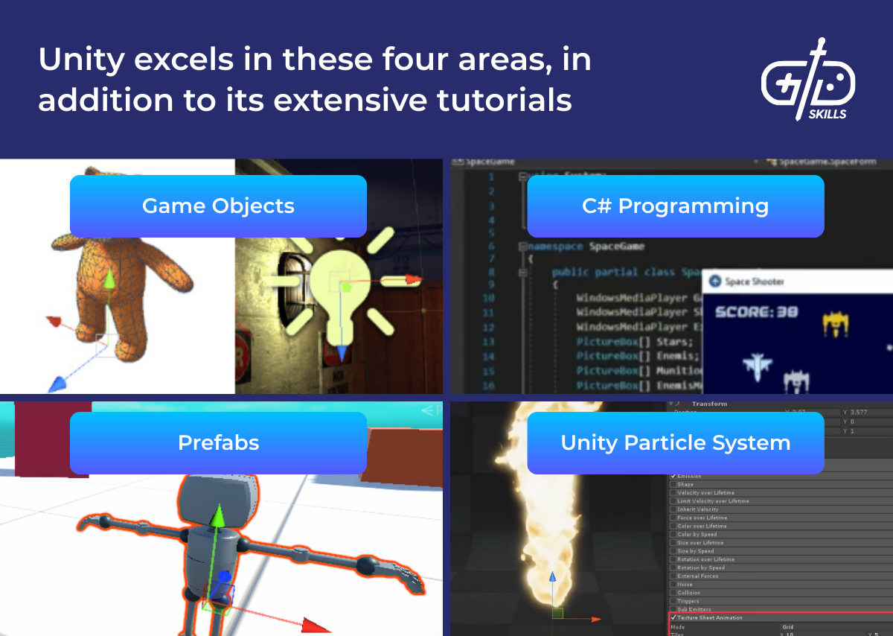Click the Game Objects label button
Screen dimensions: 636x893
[x=218, y=206]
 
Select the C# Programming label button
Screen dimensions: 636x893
[x=675, y=206]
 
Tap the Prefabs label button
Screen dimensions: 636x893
[x=218, y=443]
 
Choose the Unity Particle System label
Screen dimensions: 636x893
[x=675, y=443]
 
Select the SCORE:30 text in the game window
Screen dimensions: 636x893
[x=755, y=312]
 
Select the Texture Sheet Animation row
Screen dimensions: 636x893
[x=710, y=617]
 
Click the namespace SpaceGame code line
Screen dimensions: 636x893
[x=587, y=246]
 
